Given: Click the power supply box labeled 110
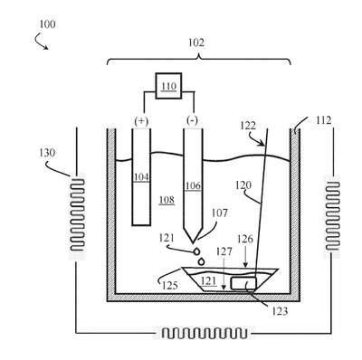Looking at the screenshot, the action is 168,86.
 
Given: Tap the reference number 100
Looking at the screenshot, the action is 47,24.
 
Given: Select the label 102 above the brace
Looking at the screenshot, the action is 196,43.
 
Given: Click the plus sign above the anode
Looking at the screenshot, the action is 141,121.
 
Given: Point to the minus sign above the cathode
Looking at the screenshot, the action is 193,121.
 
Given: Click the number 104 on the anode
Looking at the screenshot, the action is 141,177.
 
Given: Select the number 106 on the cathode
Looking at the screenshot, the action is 193,185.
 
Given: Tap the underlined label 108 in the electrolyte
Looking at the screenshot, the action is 167,200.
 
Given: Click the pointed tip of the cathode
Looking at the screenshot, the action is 193,242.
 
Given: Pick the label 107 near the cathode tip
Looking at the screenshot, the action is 219,213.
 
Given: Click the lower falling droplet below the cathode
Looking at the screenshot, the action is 201,261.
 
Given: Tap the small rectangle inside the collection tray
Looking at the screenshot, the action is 243,283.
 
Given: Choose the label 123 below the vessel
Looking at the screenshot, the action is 280,311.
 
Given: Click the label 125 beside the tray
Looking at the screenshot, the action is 169,285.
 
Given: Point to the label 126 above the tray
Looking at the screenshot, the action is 245,240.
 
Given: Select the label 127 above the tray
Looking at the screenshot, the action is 224,251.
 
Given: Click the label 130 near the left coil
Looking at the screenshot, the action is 47,153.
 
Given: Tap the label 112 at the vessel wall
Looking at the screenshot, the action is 324,120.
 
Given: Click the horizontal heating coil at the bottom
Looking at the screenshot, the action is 205,333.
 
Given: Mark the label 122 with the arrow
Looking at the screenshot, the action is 248,126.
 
